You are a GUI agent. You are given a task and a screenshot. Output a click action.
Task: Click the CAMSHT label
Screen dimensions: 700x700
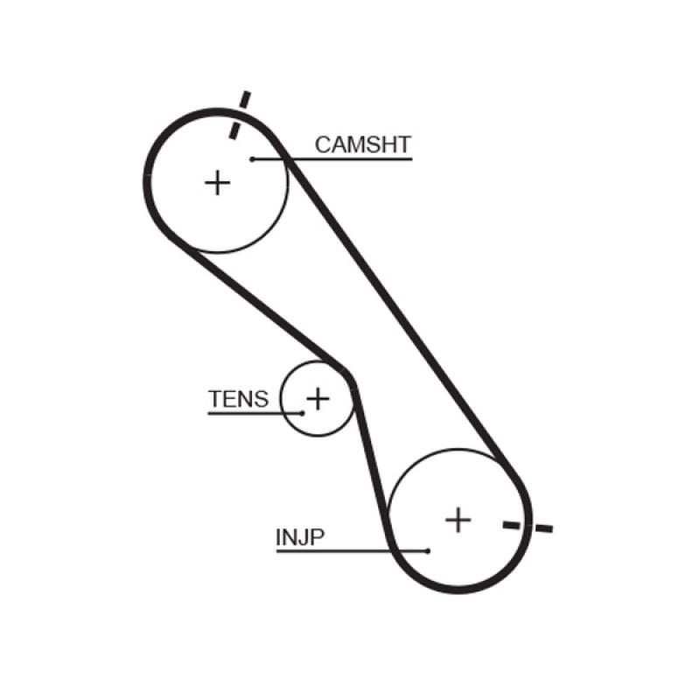pos(362,144)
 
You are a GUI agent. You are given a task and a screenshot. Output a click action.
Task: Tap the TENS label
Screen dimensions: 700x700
pos(238,400)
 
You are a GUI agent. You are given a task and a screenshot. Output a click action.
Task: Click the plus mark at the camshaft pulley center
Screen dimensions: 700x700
pos(217,183)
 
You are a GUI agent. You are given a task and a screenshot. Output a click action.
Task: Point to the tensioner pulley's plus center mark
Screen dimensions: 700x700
pos(318,399)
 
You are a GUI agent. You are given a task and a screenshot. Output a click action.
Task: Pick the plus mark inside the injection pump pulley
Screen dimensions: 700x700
pos(458,520)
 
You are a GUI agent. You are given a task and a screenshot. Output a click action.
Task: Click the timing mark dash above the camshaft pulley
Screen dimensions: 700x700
pos(239,114)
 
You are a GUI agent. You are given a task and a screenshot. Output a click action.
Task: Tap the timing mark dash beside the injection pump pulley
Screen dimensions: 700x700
pos(528,526)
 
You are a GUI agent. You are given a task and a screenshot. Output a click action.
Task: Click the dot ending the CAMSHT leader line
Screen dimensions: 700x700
pos(252,159)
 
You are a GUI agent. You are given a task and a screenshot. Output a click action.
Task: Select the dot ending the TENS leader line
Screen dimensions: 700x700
pos(303,413)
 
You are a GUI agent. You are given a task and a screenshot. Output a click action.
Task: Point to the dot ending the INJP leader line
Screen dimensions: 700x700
pos(428,550)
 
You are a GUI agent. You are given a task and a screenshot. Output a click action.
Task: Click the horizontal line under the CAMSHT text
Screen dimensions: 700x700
pos(350,159)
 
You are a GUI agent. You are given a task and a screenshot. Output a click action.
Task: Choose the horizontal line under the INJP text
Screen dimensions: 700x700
pos(350,550)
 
